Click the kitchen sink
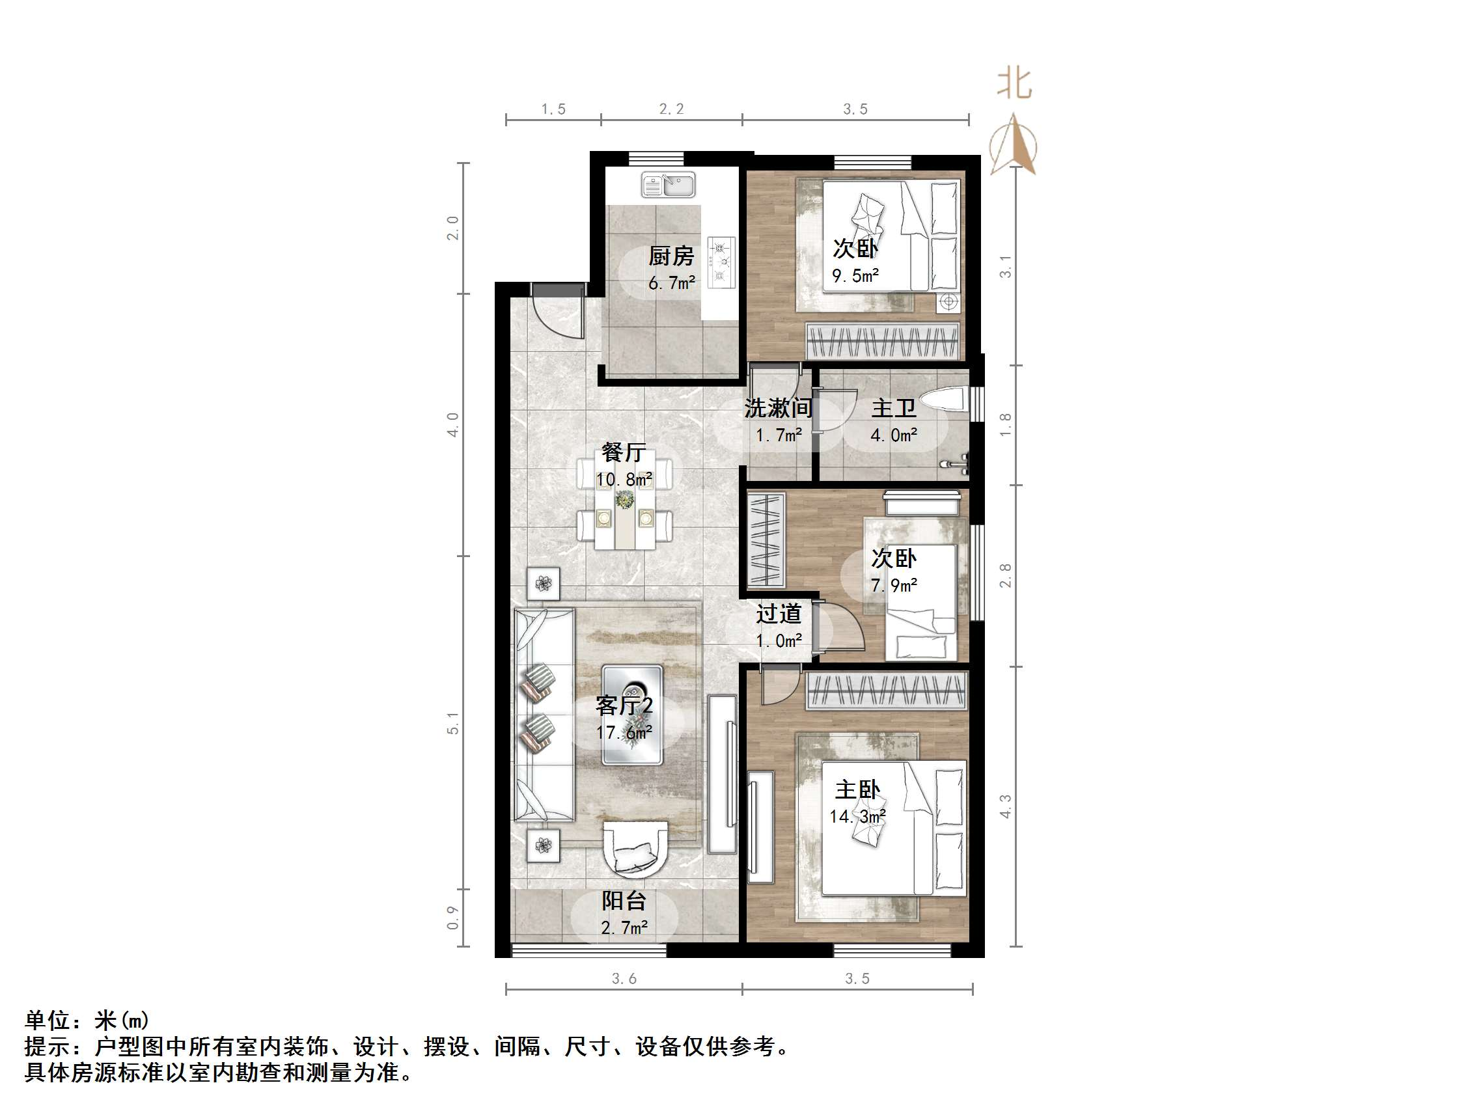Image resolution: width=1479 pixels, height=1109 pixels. (x=668, y=184)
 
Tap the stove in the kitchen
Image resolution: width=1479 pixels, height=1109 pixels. (x=721, y=262)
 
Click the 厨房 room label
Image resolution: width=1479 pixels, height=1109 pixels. (x=671, y=255)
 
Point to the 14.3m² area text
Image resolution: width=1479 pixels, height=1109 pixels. (x=857, y=816)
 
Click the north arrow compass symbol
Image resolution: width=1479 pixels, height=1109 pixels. (x=1014, y=145)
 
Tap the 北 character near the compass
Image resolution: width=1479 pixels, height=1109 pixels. (x=1014, y=85)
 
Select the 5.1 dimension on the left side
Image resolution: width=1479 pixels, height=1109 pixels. (x=453, y=723)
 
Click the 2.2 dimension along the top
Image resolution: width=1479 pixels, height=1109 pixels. (x=671, y=109)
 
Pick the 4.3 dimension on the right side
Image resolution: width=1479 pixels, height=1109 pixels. (x=1005, y=806)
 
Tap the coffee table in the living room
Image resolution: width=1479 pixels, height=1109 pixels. (x=632, y=715)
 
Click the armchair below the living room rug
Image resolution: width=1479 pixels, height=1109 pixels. (x=635, y=848)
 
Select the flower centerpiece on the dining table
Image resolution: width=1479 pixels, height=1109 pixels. (x=624, y=499)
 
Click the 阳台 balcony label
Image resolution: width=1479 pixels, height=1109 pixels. (x=624, y=901)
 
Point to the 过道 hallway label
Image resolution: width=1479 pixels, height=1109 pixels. (x=779, y=614)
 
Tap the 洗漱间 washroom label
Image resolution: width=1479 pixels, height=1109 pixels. (x=779, y=408)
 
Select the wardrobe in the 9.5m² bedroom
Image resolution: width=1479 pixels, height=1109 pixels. (x=883, y=341)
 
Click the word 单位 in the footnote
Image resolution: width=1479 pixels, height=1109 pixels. (x=48, y=1020)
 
